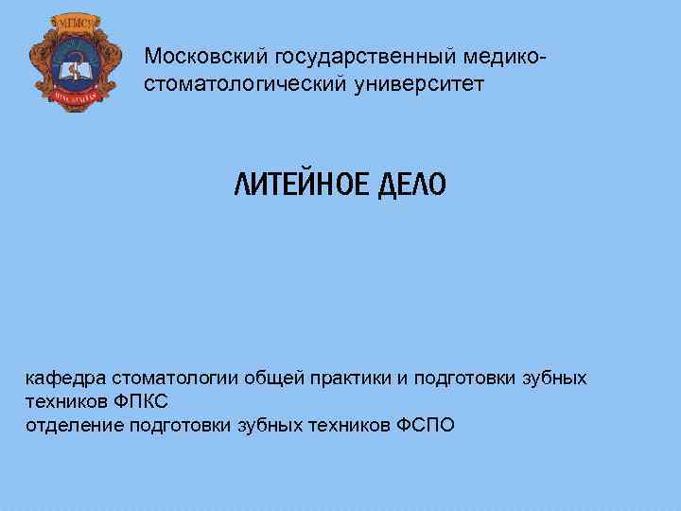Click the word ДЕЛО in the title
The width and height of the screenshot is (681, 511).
coord(410,185)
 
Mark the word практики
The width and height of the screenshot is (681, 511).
coord(346,379)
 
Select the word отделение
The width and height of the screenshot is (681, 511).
coord(73,424)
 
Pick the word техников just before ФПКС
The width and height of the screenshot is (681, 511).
coord(64,401)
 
